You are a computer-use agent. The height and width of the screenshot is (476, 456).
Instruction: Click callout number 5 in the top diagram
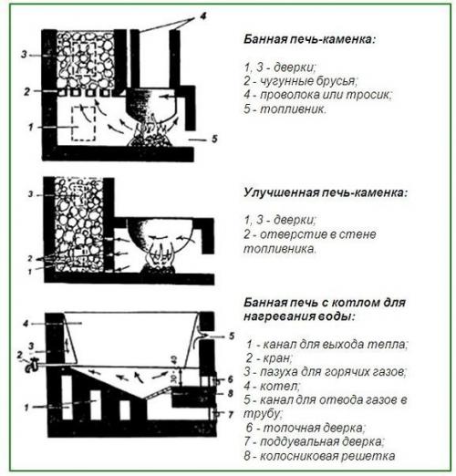[x=216, y=140]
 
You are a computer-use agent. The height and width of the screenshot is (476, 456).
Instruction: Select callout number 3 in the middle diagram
[x=29, y=194]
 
